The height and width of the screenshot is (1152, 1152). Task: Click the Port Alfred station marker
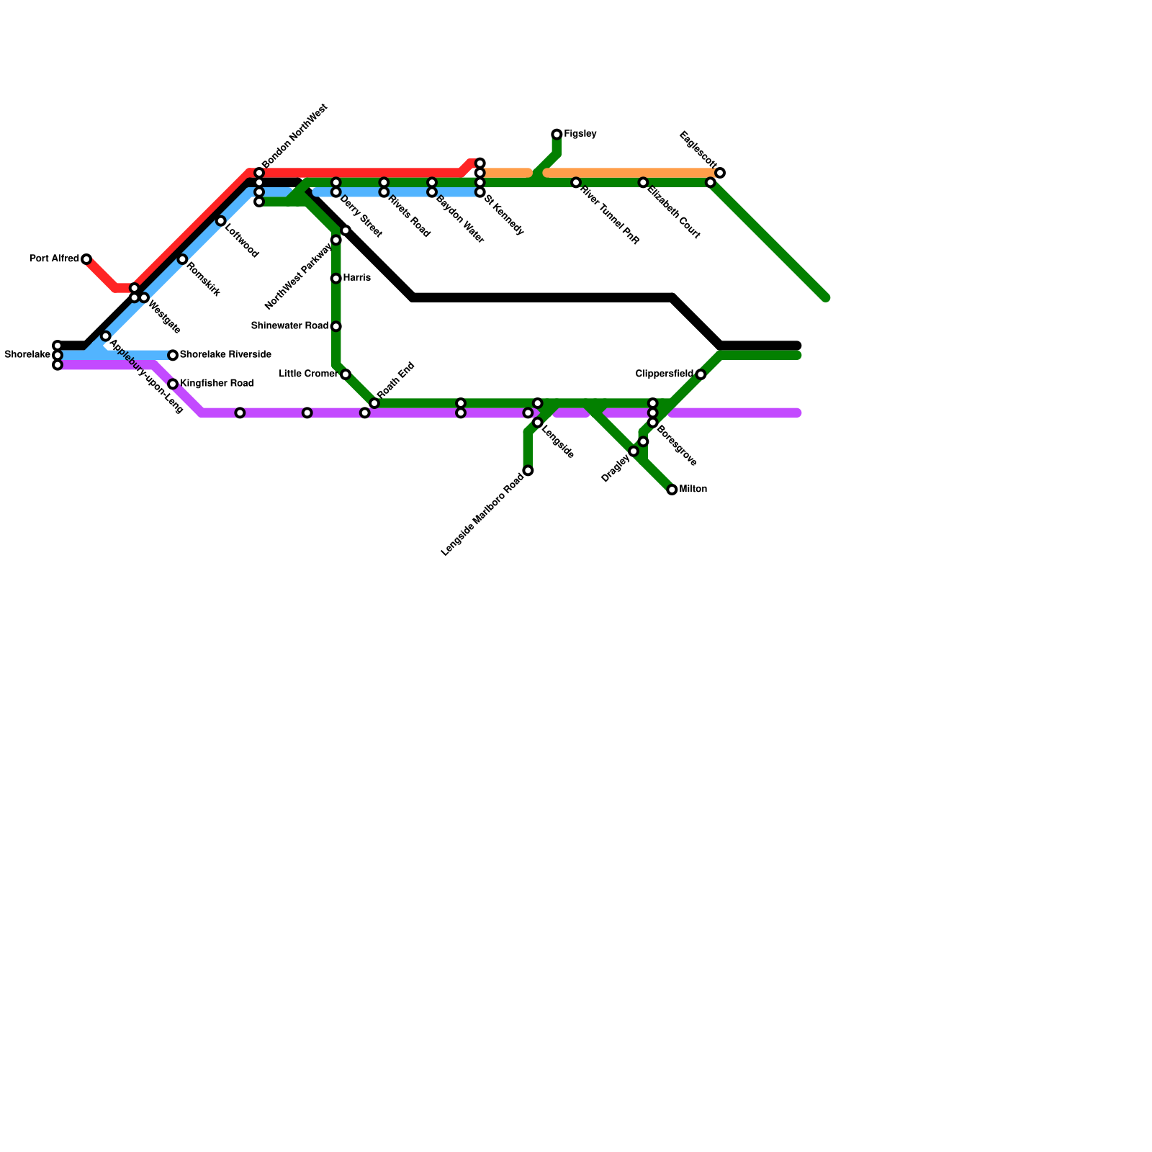pyautogui.click(x=86, y=259)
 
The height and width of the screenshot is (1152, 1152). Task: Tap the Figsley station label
pyautogui.click(x=580, y=134)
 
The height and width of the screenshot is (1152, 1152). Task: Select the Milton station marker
pyautogui.click(x=672, y=490)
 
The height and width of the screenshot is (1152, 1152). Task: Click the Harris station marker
pyautogui.click(x=336, y=278)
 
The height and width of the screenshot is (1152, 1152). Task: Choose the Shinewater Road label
pyautogui.click(x=289, y=326)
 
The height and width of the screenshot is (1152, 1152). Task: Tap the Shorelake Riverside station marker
pyautogui.click(x=173, y=355)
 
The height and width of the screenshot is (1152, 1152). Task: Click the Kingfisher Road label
pyautogui.click(x=216, y=383)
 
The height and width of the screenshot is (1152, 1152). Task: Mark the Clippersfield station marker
pyautogui.click(x=701, y=374)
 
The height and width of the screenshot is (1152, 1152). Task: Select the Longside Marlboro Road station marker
pyautogui.click(x=528, y=471)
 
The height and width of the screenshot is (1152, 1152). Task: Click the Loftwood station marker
pyautogui.click(x=220, y=221)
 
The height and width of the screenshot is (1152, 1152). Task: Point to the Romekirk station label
pyautogui.click(x=203, y=279)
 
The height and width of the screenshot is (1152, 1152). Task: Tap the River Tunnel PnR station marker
pyautogui.click(x=576, y=183)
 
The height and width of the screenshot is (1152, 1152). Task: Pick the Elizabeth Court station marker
pyautogui.click(x=643, y=183)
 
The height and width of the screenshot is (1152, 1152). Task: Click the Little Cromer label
pyautogui.click(x=307, y=374)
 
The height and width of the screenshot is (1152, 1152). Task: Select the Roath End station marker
pyautogui.click(x=374, y=403)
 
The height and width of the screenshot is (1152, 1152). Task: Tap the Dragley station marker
pyautogui.click(x=634, y=451)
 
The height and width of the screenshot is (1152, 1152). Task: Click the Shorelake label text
pyautogui.click(x=27, y=355)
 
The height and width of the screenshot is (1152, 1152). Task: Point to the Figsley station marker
pyautogui.click(x=557, y=135)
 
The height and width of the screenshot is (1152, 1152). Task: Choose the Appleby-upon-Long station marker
pyautogui.click(x=105, y=336)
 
